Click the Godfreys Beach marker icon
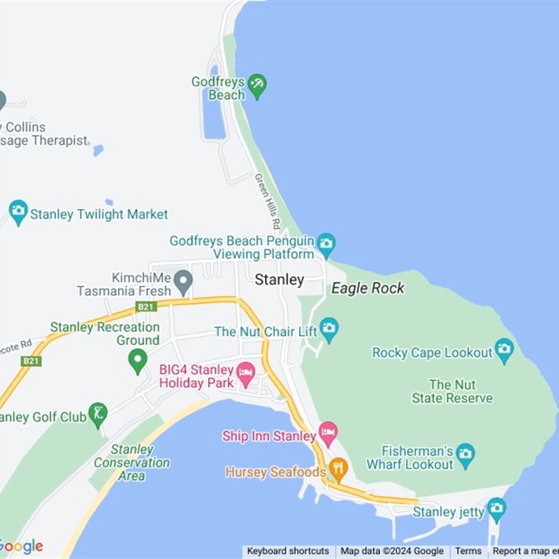pyautogui.click(x=257, y=86)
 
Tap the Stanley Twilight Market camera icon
pyautogui.click(x=18, y=210)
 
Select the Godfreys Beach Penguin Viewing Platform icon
pyautogui.click(x=326, y=243)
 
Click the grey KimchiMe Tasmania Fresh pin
pyautogui.click(x=183, y=282)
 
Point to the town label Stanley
pyautogui.click(x=279, y=280)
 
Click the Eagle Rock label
pyautogui.click(x=368, y=288)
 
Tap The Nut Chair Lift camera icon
pyautogui.click(x=328, y=327)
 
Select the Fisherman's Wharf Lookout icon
pyautogui.click(x=465, y=456)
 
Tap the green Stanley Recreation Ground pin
pyautogui.click(x=138, y=361)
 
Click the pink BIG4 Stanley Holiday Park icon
pyautogui.click(x=246, y=372)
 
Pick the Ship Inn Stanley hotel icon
pyautogui.click(x=328, y=433)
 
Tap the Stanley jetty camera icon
pyautogui.click(x=497, y=507)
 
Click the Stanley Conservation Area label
pyautogui.click(x=131, y=463)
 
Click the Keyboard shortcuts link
pyautogui.click(x=288, y=551)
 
